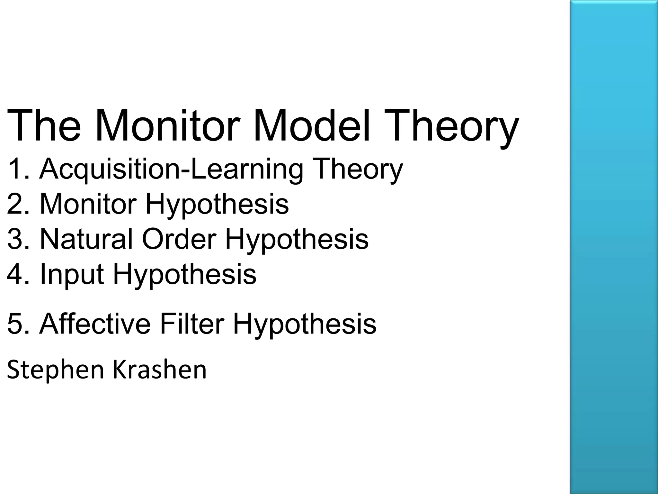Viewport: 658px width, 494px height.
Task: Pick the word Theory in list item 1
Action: point(359,170)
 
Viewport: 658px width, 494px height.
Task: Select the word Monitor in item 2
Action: point(88,204)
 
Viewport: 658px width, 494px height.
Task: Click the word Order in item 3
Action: point(179,239)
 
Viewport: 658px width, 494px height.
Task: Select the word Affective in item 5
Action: point(95,324)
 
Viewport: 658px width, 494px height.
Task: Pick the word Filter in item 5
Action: point(192,324)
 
